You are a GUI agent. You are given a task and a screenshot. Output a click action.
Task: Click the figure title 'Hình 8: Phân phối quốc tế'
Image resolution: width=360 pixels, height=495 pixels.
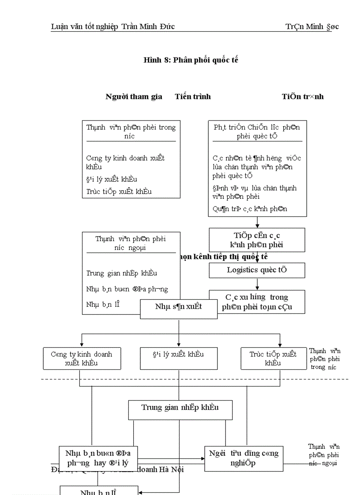(x=191, y=60)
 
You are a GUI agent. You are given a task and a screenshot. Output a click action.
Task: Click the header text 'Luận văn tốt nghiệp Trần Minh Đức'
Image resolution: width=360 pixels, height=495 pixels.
(x=113, y=26)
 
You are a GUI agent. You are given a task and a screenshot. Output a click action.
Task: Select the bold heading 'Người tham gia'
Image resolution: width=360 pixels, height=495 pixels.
(x=134, y=97)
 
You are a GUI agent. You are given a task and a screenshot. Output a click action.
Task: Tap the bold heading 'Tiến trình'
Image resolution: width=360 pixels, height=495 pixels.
(x=193, y=97)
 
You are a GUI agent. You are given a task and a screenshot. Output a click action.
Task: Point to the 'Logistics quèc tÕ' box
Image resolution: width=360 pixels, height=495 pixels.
(x=257, y=270)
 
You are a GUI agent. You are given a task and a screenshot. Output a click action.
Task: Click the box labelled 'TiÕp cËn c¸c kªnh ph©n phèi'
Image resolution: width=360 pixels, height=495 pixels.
(x=257, y=240)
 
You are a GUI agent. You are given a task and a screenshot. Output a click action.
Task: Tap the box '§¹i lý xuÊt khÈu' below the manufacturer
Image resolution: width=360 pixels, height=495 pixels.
(x=179, y=358)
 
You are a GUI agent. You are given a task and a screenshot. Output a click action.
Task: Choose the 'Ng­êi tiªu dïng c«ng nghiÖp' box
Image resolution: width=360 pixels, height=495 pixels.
(x=244, y=458)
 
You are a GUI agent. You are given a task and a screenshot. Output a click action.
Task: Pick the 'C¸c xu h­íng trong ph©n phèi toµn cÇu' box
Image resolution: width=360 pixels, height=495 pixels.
(x=257, y=302)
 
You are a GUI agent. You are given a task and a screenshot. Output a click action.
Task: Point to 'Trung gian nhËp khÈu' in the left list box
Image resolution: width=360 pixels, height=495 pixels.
(x=122, y=273)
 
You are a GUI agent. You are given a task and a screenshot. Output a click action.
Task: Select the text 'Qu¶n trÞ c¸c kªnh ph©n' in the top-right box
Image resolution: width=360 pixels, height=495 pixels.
(x=250, y=209)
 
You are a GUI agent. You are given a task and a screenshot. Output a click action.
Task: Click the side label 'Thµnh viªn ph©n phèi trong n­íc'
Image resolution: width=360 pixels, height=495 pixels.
(x=325, y=359)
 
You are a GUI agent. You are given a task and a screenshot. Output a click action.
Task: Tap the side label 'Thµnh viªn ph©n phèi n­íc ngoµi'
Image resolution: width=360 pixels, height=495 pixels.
(x=324, y=455)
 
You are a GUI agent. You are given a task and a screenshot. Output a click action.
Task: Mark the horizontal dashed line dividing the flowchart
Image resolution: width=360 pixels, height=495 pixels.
(x=194, y=379)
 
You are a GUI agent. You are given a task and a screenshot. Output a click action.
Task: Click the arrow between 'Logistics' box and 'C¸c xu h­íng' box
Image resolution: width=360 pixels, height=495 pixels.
(x=257, y=284)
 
